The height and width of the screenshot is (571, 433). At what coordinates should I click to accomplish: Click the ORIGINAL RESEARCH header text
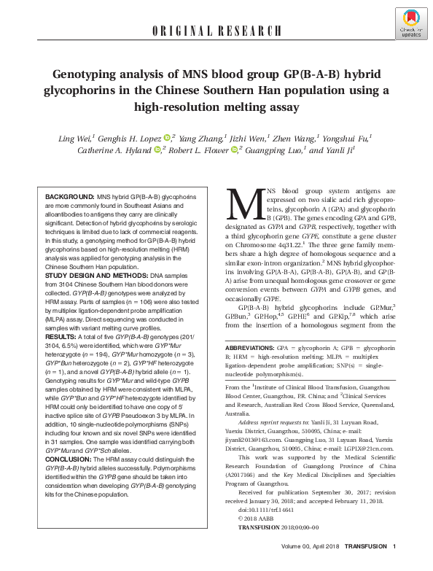tap(216, 31)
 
